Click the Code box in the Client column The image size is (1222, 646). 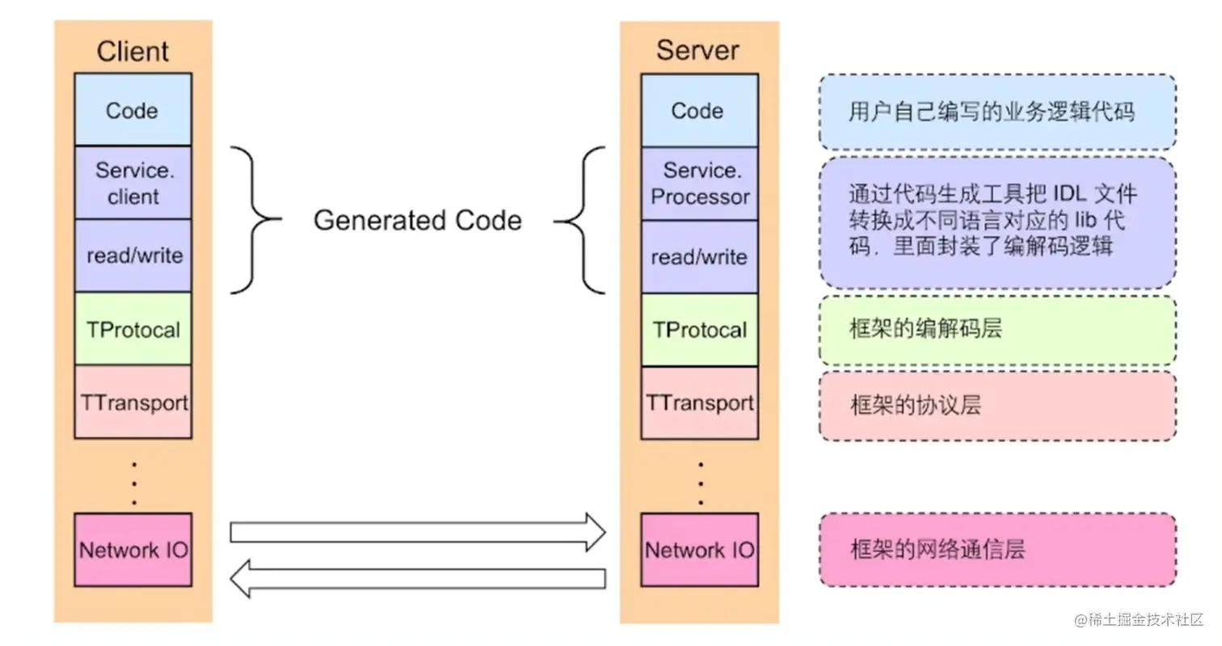(x=133, y=110)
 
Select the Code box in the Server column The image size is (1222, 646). (x=699, y=111)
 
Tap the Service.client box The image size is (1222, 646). (x=133, y=183)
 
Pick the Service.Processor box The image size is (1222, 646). (x=699, y=184)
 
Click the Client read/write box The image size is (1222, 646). (x=133, y=255)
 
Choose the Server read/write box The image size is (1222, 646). (x=699, y=257)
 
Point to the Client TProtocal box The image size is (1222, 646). (x=133, y=329)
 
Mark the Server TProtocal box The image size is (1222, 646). (x=699, y=330)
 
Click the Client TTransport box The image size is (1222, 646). (x=133, y=402)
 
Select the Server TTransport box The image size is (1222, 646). (x=699, y=403)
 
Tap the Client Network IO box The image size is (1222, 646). (x=133, y=550)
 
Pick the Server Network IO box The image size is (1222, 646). (x=699, y=550)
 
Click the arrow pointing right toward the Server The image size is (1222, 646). (x=417, y=532)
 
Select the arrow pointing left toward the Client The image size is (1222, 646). (x=417, y=578)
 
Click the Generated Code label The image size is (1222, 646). (x=417, y=221)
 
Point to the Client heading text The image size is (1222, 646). (x=133, y=51)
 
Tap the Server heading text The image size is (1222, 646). (x=697, y=50)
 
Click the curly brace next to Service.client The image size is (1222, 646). (x=255, y=219)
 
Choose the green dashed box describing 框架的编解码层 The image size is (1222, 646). (x=997, y=330)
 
